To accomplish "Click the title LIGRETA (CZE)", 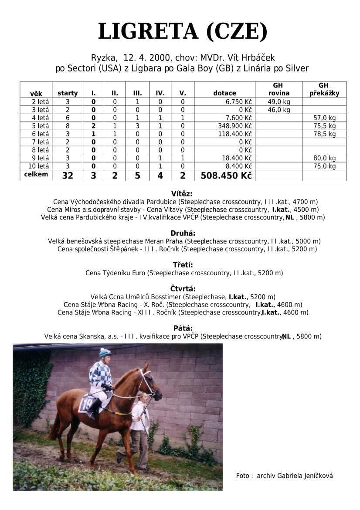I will coord(183,31).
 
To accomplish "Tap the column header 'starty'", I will coord(68,93).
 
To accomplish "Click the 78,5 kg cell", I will coord(325,134).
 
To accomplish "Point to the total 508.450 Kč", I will coord(226,176).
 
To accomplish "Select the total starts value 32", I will coord(68,176).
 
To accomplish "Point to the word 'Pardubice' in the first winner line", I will coord(162,202).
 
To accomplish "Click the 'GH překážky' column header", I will coord(324,89).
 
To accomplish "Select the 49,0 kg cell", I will coord(278,102).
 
